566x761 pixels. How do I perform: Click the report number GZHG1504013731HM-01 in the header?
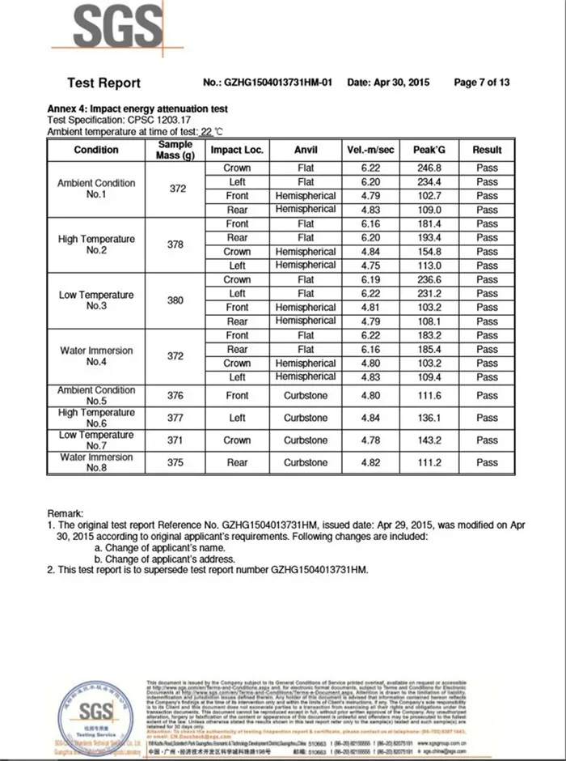pos(278,83)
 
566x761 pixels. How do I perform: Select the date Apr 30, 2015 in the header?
pos(388,83)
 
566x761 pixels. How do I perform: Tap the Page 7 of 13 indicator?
pos(482,83)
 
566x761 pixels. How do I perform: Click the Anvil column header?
pos(306,150)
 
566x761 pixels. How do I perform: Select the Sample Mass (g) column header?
pos(176,150)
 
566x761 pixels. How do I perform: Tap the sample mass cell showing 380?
pos(175,300)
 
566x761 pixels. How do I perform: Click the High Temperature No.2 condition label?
pos(96,244)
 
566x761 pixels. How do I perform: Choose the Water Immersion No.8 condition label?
pos(96,463)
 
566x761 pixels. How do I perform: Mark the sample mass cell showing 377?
pos(175,419)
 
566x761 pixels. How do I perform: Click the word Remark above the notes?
pos(65,514)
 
